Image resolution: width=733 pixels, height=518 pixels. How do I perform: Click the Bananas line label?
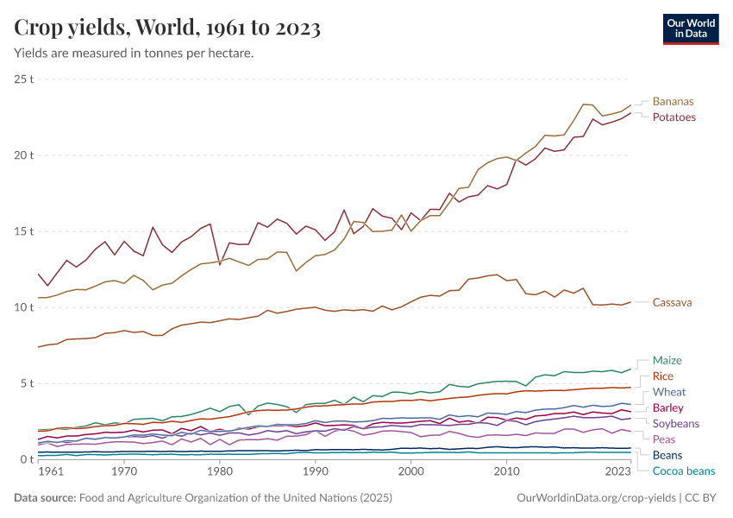coord(673,101)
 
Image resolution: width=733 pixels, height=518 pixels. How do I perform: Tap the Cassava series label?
coord(672,302)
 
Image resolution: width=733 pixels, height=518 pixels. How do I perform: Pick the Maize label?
coord(667,360)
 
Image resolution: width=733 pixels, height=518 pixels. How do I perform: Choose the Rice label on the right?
coord(663,376)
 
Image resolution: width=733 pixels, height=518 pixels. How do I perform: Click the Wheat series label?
coord(669,392)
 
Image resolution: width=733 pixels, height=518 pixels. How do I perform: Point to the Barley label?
coord(669,407)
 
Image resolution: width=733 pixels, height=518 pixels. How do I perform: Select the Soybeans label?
coord(675,424)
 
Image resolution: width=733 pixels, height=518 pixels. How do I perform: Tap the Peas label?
coord(664,439)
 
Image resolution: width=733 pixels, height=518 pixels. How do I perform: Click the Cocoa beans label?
coord(683,471)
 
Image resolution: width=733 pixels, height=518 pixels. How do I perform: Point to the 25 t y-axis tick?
coord(24,79)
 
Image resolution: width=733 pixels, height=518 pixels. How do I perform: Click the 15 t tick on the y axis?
coord(24,231)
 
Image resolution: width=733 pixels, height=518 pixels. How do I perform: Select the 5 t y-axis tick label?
coord(27,383)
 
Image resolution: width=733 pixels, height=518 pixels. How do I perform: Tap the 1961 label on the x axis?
coord(51,472)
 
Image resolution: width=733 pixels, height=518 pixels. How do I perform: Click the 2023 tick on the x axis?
coord(617,472)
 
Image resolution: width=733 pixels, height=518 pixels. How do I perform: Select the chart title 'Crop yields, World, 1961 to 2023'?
coord(167,28)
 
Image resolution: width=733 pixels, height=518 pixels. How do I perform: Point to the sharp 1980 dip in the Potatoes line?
coord(220,264)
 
